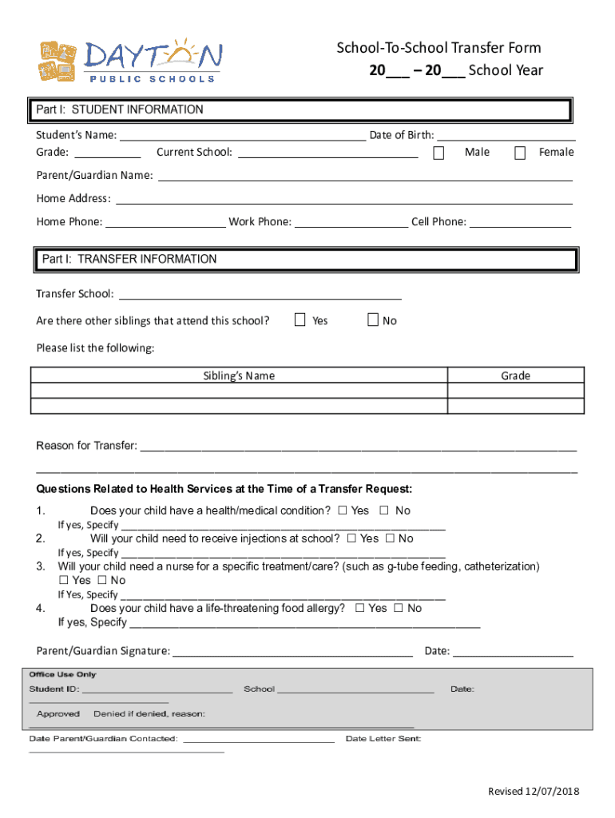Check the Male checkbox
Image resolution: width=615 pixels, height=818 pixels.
coord(438,153)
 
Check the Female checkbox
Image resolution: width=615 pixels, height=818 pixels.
coord(520,153)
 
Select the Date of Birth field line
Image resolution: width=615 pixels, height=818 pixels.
coord(506,135)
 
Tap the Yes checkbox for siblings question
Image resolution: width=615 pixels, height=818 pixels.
coord(300,320)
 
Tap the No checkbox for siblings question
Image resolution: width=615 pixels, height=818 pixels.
coord(372,320)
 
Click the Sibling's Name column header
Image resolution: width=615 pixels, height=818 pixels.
coord(239,375)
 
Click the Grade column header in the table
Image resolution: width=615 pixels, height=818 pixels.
coord(515,375)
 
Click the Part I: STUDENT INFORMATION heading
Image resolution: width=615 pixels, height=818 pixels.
coord(121,109)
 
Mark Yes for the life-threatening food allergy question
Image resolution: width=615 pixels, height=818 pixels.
coord(359,608)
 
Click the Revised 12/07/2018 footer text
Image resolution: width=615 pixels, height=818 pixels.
coord(534,791)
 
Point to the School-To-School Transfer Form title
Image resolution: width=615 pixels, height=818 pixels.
coord(438,49)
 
